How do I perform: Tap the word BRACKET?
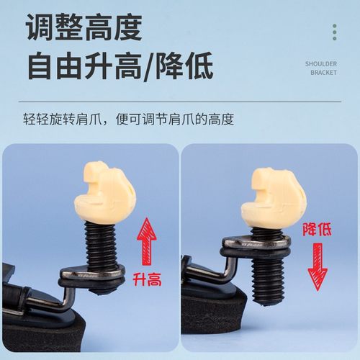pyautogui.click(x=323, y=73)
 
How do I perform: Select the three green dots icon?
pyautogui.click(x=334, y=32)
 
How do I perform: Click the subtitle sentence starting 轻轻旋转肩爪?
pyautogui.click(x=127, y=119)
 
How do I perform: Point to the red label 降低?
pyautogui.click(x=318, y=230)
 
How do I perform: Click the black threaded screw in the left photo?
pyautogui.click(x=102, y=245)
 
